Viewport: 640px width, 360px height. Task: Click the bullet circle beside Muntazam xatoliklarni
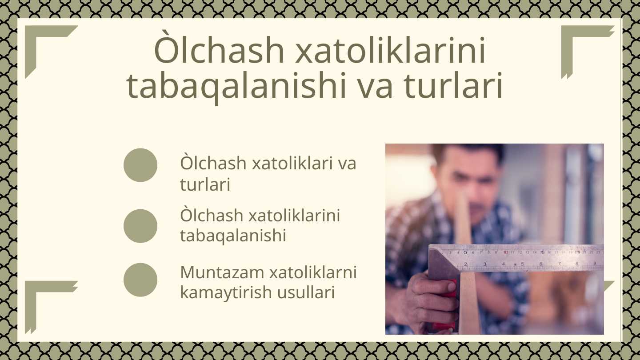point(140,280)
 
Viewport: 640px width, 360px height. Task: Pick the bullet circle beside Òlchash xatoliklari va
point(140,165)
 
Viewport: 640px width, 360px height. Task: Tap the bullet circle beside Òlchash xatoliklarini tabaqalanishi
point(140,226)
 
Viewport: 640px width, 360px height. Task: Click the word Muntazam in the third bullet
point(222,272)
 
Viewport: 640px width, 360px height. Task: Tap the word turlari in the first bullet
point(205,184)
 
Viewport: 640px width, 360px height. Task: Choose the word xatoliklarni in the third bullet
point(313,272)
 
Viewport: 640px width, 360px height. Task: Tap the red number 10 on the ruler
point(506,252)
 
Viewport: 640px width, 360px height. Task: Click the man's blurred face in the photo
point(468,183)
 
